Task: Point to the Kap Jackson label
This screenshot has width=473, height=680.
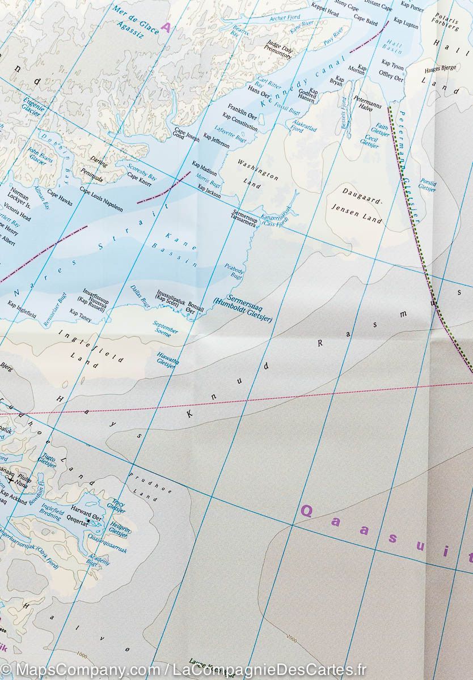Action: (209, 194)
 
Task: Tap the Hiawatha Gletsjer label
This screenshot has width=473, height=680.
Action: (166, 359)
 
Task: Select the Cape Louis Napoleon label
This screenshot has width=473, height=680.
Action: (101, 199)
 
